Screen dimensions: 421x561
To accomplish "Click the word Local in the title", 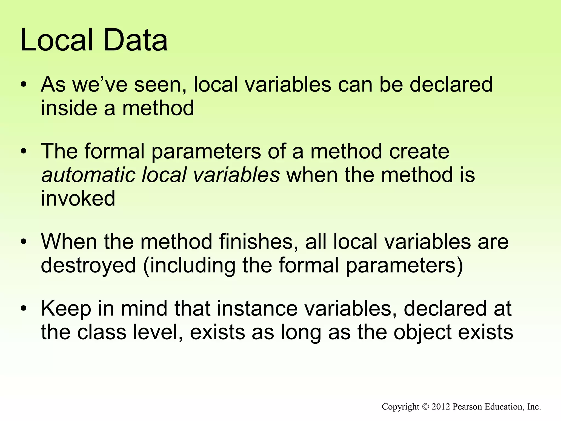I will tap(56, 41).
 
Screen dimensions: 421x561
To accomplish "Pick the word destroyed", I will tap(88, 265).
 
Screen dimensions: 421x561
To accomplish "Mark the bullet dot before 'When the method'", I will tap(24, 242).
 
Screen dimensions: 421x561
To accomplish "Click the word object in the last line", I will tap(423, 332).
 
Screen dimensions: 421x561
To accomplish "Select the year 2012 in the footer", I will tap(441, 407).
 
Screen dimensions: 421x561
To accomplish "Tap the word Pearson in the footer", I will tap(467, 407).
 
